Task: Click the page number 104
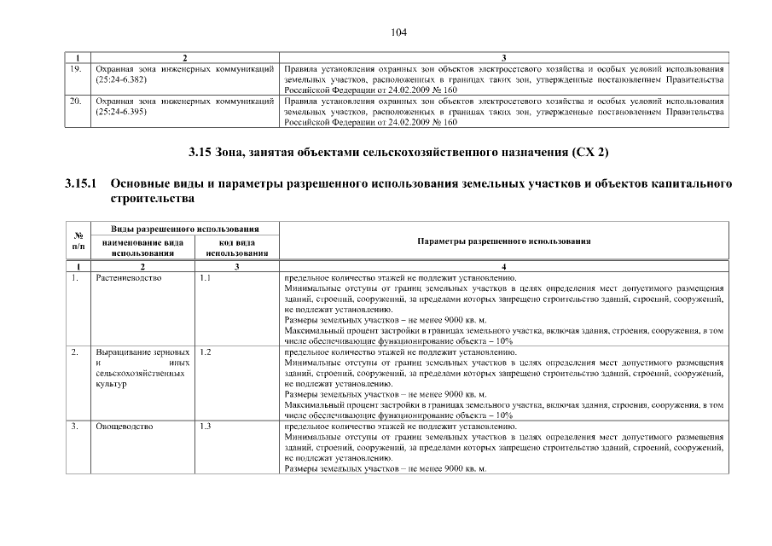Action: click(399, 32)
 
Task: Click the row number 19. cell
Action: click(75, 67)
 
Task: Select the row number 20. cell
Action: click(75, 101)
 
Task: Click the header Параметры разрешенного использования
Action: click(504, 241)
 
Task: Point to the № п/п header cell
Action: click(77, 241)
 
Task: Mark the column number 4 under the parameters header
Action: click(504, 267)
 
